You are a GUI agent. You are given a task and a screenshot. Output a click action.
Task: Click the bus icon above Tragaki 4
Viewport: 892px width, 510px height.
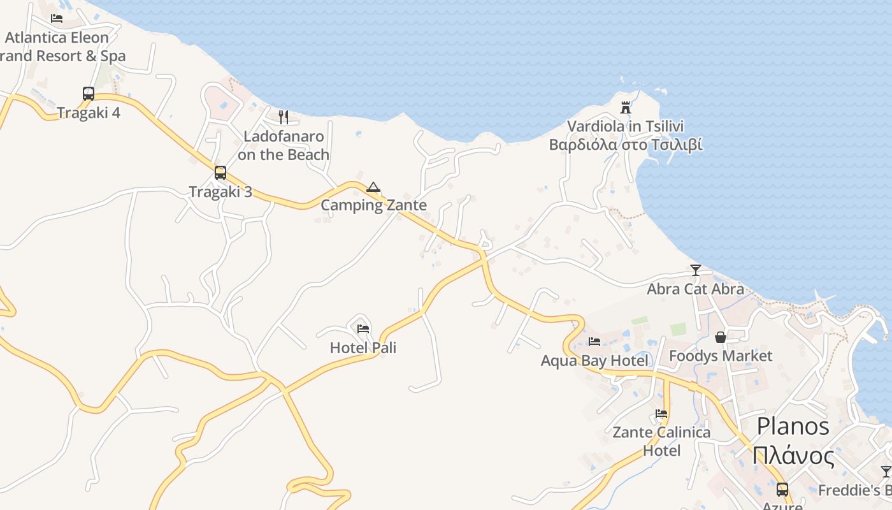click(x=89, y=94)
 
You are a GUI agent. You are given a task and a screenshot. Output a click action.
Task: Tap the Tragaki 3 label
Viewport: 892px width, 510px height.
click(x=220, y=191)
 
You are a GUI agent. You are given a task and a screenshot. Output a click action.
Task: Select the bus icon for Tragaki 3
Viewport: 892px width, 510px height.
click(x=220, y=173)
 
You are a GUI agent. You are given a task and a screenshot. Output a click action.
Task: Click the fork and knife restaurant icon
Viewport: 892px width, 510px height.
click(x=284, y=117)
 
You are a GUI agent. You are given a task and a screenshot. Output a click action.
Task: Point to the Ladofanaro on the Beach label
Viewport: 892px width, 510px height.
click(x=284, y=145)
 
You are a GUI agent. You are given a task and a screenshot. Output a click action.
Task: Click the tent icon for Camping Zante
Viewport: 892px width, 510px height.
click(x=373, y=187)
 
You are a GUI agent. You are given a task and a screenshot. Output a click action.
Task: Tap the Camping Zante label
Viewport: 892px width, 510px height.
click(x=373, y=205)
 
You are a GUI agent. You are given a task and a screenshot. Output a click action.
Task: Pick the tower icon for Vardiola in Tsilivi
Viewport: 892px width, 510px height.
click(x=626, y=108)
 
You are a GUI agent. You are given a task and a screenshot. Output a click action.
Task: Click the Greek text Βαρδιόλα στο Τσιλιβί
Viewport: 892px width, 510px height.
click(x=626, y=145)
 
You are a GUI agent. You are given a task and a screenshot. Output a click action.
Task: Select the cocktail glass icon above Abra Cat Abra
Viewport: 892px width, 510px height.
click(x=695, y=270)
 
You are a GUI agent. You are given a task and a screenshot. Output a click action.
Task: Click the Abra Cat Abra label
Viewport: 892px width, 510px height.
click(x=695, y=289)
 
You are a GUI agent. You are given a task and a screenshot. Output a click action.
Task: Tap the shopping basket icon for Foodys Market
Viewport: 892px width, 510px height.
click(x=721, y=337)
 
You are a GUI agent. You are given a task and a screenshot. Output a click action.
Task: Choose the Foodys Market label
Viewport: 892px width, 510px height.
click(x=721, y=356)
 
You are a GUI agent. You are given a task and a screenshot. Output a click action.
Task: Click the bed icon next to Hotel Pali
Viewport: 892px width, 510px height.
click(x=363, y=329)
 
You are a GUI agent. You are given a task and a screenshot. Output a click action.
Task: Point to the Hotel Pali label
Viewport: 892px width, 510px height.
click(x=363, y=347)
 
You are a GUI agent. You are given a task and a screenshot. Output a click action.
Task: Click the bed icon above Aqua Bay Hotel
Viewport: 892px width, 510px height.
click(x=594, y=342)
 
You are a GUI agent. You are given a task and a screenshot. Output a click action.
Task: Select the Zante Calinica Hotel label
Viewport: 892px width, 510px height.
click(x=661, y=441)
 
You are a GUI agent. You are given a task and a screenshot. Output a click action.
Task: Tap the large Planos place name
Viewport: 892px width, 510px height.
click(x=793, y=426)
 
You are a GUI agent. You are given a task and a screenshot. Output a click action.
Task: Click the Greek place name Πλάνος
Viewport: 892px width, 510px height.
click(x=793, y=456)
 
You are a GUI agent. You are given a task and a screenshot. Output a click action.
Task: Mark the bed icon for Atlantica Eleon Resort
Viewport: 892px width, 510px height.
click(x=57, y=18)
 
